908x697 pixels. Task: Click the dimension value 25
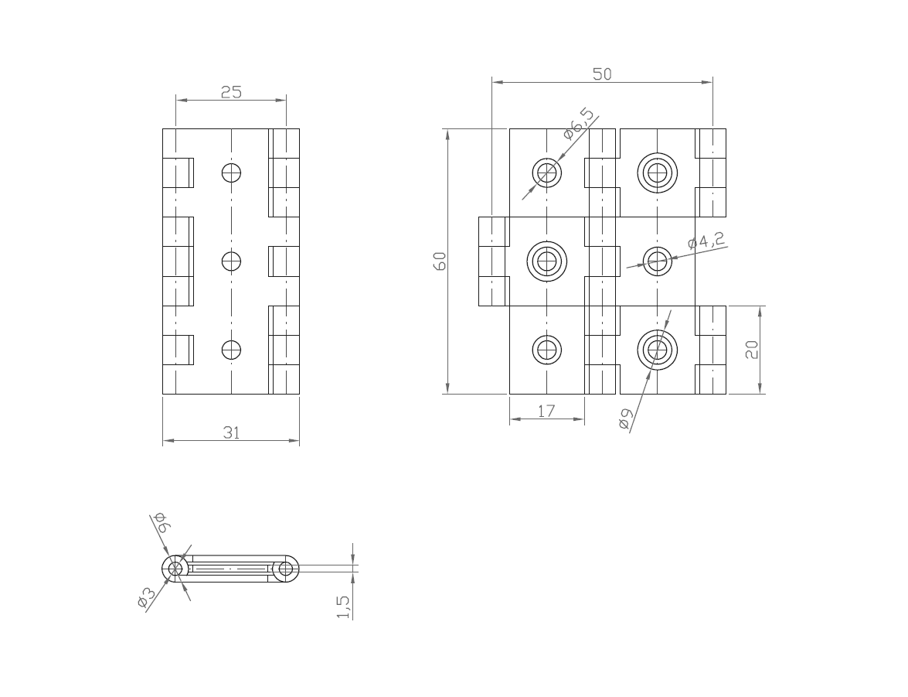coord(231,92)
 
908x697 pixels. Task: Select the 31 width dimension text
coord(231,433)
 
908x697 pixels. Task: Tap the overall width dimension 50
coord(602,74)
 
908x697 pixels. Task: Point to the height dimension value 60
coord(440,261)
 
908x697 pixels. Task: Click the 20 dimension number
coord(752,350)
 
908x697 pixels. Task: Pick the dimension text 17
coord(546,412)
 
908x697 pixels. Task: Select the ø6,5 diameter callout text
coord(580,124)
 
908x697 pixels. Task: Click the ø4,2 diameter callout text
coord(706,241)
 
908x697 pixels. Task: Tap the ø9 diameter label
coord(625,419)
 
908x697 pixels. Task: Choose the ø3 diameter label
coord(146,598)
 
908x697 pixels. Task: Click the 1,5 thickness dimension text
coord(343,606)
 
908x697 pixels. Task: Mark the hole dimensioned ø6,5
coord(547,173)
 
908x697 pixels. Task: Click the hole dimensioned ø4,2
coord(658,261)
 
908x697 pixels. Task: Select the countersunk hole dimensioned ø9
coord(658,350)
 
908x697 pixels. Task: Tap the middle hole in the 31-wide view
coord(231,261)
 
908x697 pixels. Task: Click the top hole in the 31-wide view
coord(231,173)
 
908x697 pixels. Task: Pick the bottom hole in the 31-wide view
coord(231,350)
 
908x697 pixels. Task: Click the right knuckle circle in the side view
coord(286,569)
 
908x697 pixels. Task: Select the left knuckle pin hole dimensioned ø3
coord(176,569)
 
